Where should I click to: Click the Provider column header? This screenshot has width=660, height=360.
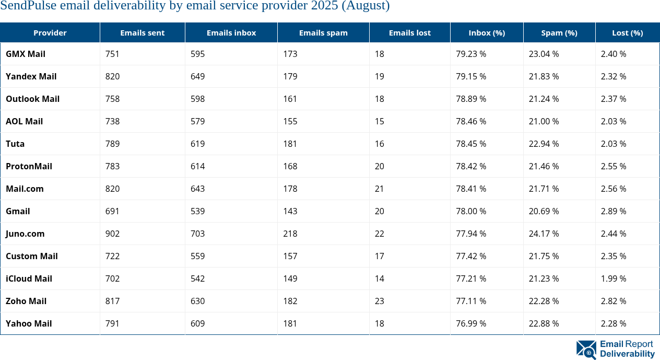click(x=50, y=32)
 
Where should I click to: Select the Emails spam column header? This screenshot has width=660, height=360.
click(x=323, y=32)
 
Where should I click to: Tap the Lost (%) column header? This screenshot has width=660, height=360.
click(x=627, y=32)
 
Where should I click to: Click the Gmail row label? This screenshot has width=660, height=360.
click(x=18, y=211)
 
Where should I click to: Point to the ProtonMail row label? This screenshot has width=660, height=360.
click(x=29, y=166)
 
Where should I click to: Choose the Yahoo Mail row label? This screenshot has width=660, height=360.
click(x=29, y=323)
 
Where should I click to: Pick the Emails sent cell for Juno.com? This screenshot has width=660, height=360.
click(x=112, y=234)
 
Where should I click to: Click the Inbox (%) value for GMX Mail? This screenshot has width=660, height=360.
click(x=471, y=54)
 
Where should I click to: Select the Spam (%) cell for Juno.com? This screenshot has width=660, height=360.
click(x=544, y=234)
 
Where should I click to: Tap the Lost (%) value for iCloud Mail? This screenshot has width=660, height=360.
click(x=613, y=278)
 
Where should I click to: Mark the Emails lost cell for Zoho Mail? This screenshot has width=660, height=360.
click(x=379, y=301)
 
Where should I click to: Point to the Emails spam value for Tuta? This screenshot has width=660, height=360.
click(x=290, y=144)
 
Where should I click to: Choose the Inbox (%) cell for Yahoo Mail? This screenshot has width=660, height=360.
click(x=471, y=323)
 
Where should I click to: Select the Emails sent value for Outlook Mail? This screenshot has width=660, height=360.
click(x=112, y=99)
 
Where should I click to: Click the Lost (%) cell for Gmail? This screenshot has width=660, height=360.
click(x=613, y=211)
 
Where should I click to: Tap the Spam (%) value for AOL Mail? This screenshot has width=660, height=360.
click(x=544, y=121)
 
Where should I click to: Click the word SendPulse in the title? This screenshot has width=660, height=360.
click(x=25, y=6)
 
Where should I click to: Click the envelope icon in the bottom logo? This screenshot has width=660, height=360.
click(x=586, y=349)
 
